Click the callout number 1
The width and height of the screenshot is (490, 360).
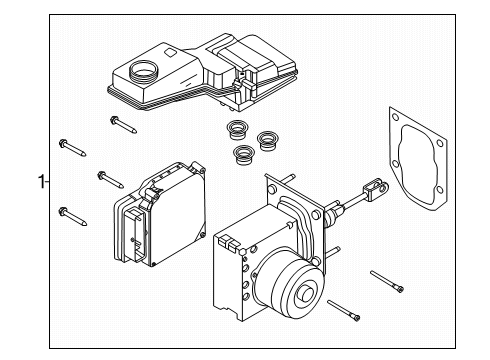[x=41, y=182]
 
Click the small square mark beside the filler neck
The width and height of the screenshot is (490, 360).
[x=170, y=53]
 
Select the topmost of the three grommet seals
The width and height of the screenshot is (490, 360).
[x=237, y=130]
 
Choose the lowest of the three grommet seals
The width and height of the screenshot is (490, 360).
[x=244, y=154]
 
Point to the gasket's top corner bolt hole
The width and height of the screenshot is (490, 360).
[x=395, y=117]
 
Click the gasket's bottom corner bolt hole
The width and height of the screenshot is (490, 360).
[x=440, y=190]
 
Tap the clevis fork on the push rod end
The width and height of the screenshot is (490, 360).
[x=376, y=189]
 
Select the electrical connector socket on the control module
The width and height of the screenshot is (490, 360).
[x=136, y=233]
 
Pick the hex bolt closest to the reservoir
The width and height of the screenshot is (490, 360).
[x=123, y=125]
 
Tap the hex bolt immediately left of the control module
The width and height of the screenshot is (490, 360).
[x=111, y=179]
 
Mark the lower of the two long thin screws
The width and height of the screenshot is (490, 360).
[x=344, y=311]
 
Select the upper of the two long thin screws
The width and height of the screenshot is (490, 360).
[x=387, y=282]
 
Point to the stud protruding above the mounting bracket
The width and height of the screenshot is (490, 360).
[x=289, y=178]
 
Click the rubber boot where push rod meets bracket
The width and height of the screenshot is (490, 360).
[x=333, y=212]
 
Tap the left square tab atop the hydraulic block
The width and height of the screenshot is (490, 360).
[x=222, y=241]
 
